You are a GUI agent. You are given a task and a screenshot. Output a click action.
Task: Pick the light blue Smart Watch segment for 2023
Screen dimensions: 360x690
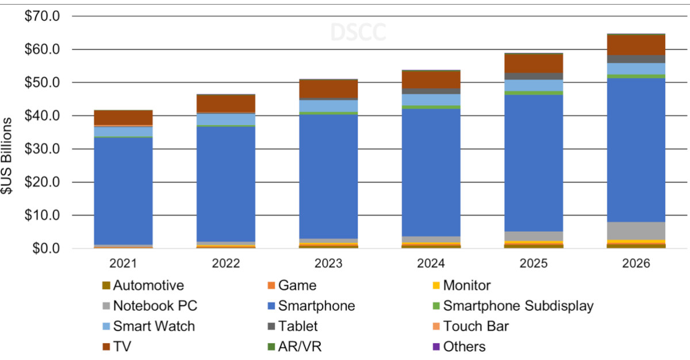329,106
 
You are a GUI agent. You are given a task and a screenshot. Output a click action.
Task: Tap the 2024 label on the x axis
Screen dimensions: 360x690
431,264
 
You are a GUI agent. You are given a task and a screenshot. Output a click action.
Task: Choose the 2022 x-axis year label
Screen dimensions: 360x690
226,264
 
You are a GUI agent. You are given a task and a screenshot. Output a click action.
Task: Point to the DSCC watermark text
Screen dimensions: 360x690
358,33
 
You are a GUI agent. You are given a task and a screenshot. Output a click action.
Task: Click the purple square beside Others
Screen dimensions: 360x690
436,347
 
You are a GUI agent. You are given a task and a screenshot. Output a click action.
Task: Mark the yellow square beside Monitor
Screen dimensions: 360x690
436,285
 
